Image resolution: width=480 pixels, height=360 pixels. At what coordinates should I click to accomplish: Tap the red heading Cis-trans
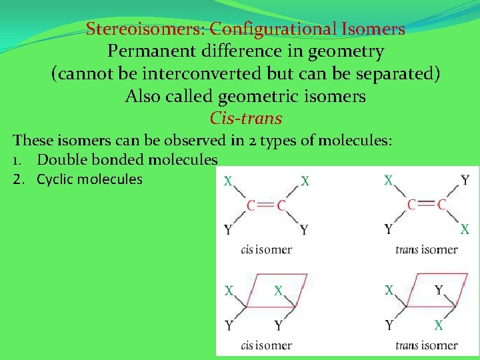tap(245, 119)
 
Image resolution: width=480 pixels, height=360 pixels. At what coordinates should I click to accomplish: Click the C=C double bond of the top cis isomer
tap(266, 205)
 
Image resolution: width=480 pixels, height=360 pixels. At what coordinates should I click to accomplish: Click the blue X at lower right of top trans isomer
tap(465, 229)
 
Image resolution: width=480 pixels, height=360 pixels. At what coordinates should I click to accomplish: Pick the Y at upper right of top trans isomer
tap(465, 180)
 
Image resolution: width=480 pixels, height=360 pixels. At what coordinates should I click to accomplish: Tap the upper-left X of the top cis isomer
tap(228, 181)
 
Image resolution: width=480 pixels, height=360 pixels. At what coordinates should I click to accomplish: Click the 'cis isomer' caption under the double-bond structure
tap(266, 250)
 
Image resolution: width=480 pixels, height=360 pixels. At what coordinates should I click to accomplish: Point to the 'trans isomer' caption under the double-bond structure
tap(426, 250)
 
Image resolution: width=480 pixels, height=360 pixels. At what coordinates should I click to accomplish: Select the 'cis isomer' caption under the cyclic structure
tap(266, 345)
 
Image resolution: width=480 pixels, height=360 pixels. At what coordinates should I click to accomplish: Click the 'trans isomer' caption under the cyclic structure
tap(426, 345)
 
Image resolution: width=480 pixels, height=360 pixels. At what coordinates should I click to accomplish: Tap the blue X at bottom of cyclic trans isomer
tap(438, 325)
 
